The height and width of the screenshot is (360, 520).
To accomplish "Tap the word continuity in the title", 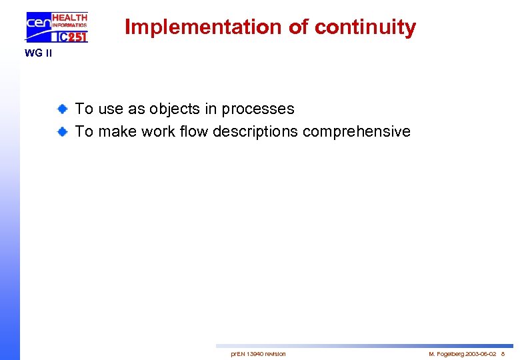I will tap(365, 27).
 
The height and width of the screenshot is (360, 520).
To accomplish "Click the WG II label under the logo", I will tap(38, 53).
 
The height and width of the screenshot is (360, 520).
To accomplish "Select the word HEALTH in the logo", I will tap(69, 17).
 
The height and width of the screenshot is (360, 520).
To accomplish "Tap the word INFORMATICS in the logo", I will tap(69, 26).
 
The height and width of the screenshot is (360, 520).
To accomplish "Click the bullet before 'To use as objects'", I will tap(61, 109).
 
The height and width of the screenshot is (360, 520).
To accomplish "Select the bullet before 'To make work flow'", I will tap(61, 131).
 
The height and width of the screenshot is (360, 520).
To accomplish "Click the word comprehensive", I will tap(357, 131).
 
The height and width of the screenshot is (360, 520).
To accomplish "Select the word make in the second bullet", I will tap(119, 131).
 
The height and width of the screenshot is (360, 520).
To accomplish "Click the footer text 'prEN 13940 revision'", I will tap(258, 353).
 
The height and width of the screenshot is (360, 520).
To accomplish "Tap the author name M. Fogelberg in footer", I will tap(447, 353).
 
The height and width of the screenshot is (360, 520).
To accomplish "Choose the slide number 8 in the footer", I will tap(503, 353).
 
